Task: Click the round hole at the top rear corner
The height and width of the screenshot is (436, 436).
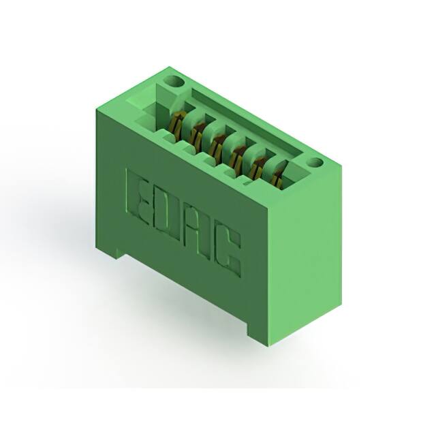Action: pyautogui.click(x=174, y=81)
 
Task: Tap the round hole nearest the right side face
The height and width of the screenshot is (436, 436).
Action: pyautogui.click(x=316, y=162)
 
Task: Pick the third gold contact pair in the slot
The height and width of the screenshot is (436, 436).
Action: pyautogui.click(x=217, y=145)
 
